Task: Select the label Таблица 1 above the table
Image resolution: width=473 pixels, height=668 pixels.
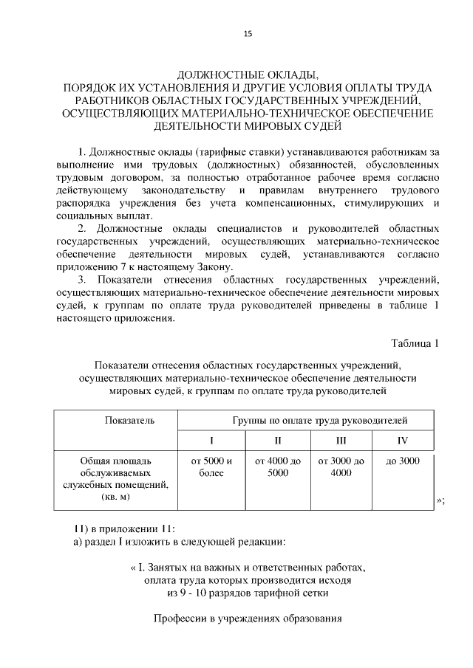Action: point(415,342)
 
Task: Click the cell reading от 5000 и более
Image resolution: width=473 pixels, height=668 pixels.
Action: point(211,467)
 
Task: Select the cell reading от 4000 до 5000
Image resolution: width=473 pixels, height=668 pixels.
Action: point(278,467)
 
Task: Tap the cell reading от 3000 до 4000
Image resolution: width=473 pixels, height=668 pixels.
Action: point(341,467)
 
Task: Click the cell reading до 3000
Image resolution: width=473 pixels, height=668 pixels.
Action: point(402,461)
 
